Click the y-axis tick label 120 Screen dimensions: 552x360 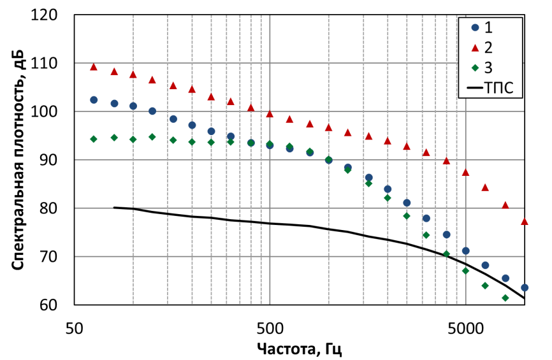43,15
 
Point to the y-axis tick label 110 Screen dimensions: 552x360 43,63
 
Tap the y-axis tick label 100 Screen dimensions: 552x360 43,112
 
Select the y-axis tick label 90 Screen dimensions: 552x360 48,160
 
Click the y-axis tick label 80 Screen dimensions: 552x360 48,208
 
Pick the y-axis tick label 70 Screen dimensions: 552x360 48,257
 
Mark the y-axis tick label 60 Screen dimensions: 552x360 48,305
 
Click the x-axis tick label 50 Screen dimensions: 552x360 75,329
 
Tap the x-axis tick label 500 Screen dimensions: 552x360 270,329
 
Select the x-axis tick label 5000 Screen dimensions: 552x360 465,329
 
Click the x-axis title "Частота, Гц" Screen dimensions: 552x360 300,349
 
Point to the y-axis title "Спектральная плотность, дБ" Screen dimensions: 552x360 18,160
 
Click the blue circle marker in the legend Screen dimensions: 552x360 476,27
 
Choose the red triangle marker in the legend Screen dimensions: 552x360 476,48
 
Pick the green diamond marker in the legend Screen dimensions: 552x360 476,68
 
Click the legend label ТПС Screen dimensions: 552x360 499,88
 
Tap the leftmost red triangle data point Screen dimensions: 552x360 94,67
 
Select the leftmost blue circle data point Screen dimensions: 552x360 94,100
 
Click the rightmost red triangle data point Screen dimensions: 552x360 525,221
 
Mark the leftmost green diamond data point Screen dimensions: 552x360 94,139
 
